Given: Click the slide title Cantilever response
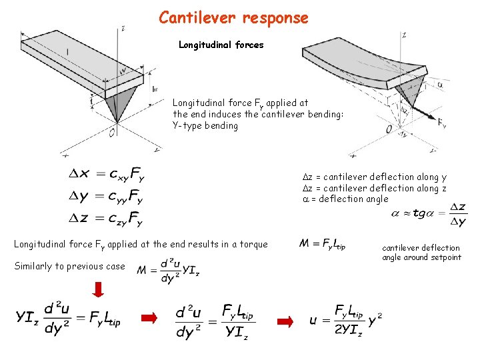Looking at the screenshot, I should click(233, 18).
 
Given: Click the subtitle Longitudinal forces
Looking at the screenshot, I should click(221, 45).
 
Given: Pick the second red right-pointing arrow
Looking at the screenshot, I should click(285, 322).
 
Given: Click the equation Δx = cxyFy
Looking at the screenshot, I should click(106, 175).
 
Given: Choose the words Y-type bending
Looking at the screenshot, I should click(205, 125).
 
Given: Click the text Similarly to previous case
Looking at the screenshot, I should click(69, 267).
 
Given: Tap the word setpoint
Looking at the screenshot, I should click(445, 257).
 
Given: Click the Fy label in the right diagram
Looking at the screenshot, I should click(441, 123).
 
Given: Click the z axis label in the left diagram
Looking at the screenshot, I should click(124, 29).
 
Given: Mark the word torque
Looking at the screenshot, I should click(253, 245).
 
